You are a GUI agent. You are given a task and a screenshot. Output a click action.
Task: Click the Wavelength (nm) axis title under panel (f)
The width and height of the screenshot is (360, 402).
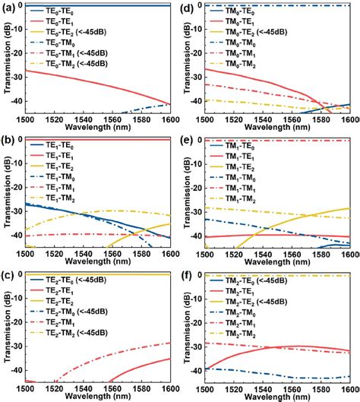278,397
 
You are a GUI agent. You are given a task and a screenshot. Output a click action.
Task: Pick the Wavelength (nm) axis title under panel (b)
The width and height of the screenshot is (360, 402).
97,263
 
